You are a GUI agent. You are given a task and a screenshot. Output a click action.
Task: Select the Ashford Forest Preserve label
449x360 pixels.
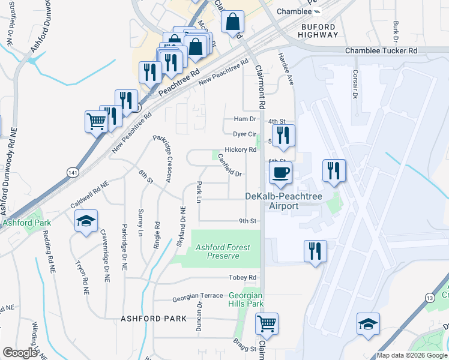pyautogui.click(x=223, y=251)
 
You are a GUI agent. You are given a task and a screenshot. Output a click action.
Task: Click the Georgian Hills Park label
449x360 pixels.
pyautogui.click(x=246, y=299)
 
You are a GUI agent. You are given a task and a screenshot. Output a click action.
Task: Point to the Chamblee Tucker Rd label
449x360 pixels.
pyautogui.click(x=381, y=51)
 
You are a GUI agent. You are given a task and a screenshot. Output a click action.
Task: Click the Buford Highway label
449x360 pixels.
pyautogui.click(x=320, y=31)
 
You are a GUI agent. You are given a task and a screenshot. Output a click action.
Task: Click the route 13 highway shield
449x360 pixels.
pyautogui.click(x=429, y=298)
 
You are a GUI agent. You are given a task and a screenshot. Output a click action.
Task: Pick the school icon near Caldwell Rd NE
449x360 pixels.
pyautogui.click(x=86, y=221)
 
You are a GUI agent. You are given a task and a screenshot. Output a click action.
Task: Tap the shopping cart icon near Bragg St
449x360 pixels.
pyautogui.click(x=267, y=323)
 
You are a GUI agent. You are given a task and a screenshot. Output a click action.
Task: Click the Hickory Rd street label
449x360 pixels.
pyautogui.click(x=240, y=149)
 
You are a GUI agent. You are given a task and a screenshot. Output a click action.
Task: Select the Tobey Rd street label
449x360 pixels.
pyautogui.click(x=243, y=278)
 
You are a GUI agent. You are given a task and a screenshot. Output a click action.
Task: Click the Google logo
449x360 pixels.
pyautogui.click(x=20, y=352)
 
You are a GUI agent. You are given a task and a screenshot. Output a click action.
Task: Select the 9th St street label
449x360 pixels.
pyautogui.click(x=247, y=221)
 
